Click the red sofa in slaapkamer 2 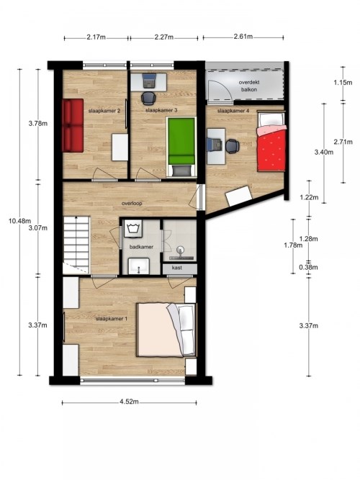click(x=73, y=125)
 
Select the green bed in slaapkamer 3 click(x=181, y=147)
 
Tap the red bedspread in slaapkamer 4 click(x=272, y=150)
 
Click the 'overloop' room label click(x=132, y=203)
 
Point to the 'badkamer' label click(x=141, y=247)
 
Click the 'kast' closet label click(x=177, y=268)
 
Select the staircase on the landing click(x=76, y=245)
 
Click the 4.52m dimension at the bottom click(x=129, y=402)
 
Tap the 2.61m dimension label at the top click(x=243, y=37)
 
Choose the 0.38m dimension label click(x=309, y=267)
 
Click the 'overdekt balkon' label click(x=249, y=86)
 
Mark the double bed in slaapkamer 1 click(x=166, y=330)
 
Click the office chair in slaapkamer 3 click(x=148, y=98)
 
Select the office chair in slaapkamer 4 click(x=233, y=145)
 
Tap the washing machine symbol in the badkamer click(x=133, y=228)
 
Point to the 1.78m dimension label click(x=293, y=245)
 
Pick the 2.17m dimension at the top click(x=96, y=37)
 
